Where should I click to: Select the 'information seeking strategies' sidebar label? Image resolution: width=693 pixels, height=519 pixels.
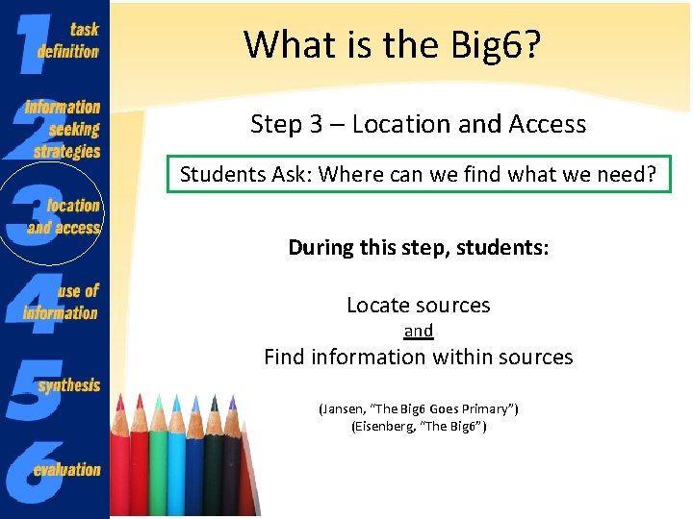coord(64,129)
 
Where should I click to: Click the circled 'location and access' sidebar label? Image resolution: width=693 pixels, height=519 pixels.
coord(65,216)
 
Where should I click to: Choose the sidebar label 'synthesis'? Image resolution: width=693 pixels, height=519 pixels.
coord(69,384)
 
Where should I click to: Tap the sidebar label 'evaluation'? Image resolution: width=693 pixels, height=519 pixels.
coord(66,469)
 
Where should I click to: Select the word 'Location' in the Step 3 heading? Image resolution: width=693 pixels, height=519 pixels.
coord(395,124)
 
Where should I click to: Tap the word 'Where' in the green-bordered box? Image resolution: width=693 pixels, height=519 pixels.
coord(349,175)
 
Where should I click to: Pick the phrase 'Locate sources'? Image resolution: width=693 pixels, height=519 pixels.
coord(418,306)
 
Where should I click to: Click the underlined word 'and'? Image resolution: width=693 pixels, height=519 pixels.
coord(418,331)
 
